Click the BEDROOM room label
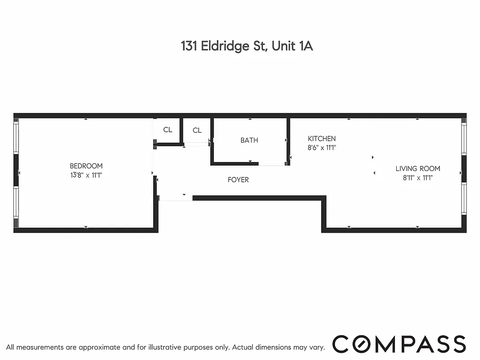click(x=86, y=166)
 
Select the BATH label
click(x=249, y=140)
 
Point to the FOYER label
click(x=238, y=180)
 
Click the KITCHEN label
click(x=322, y=139)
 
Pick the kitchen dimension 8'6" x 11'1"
click(x=322, y=147)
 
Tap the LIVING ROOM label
click(x=418, y=169)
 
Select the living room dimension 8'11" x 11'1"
click(x=418, y=177)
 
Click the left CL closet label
click(x=168, y=130)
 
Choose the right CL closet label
click(x=197, y=130)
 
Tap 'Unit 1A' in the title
click(x=292, y=46)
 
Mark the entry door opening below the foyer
click(x=175, y=198)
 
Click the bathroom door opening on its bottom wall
click(x=272, y=164)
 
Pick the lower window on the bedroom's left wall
click(x=16, y=207)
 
